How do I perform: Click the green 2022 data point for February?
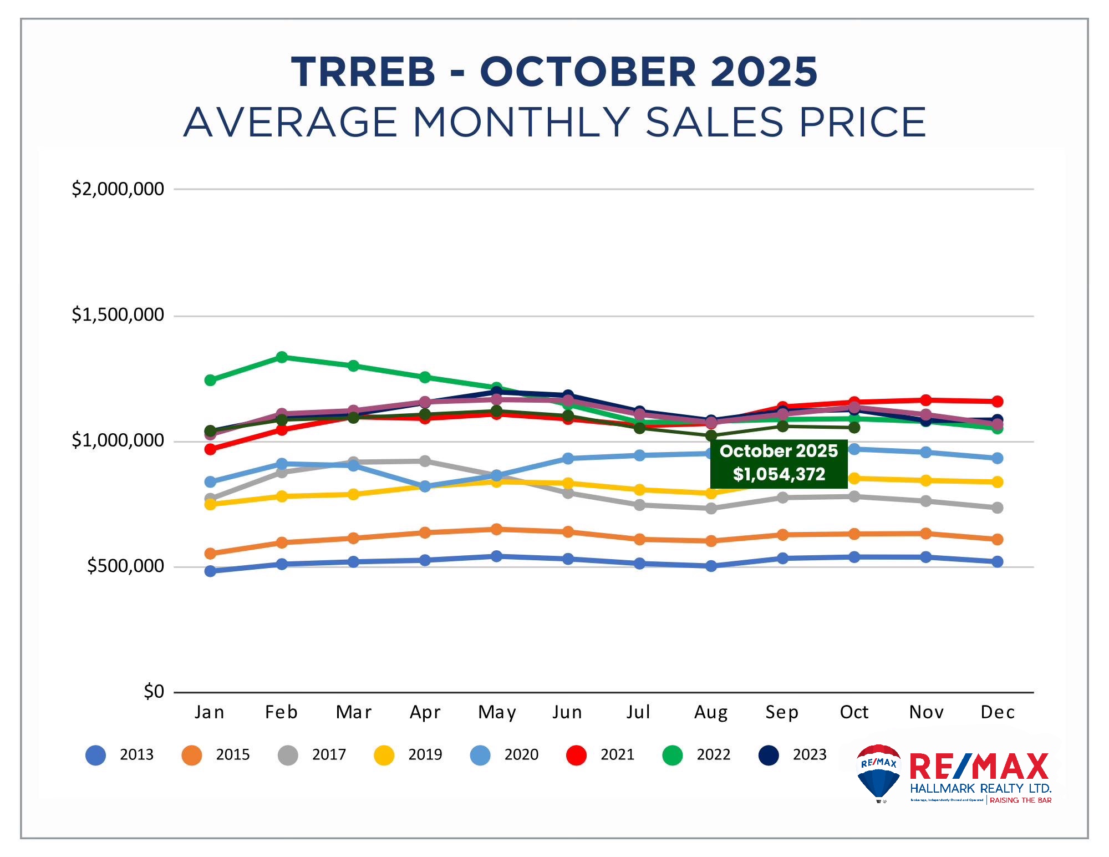[x=282, y=357]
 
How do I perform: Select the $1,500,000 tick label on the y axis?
[x=118, y=315]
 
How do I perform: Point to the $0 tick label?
[x=154, y=692]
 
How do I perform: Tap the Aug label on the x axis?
[x=711, y=712]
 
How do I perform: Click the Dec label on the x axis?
[x=997, y=712]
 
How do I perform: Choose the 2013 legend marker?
[x=95, y=755]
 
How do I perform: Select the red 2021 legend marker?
[x=576, y=755]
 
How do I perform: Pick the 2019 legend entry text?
[x=425, y=755]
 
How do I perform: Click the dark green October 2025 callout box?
[x=779, y=463]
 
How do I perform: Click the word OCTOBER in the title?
[x=587, y=72]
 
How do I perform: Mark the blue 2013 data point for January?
[x=210, y=571]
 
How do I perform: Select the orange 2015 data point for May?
[x=497, y=529]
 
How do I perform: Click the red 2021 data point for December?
[x=997, y=401]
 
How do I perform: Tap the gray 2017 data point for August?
[x=711, y=508]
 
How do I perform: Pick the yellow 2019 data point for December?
[x=997, y=482]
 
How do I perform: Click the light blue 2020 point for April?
[x=425, y=486]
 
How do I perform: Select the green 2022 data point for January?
[x=210, y=380]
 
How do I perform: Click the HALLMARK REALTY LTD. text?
[x=980, y=789]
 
